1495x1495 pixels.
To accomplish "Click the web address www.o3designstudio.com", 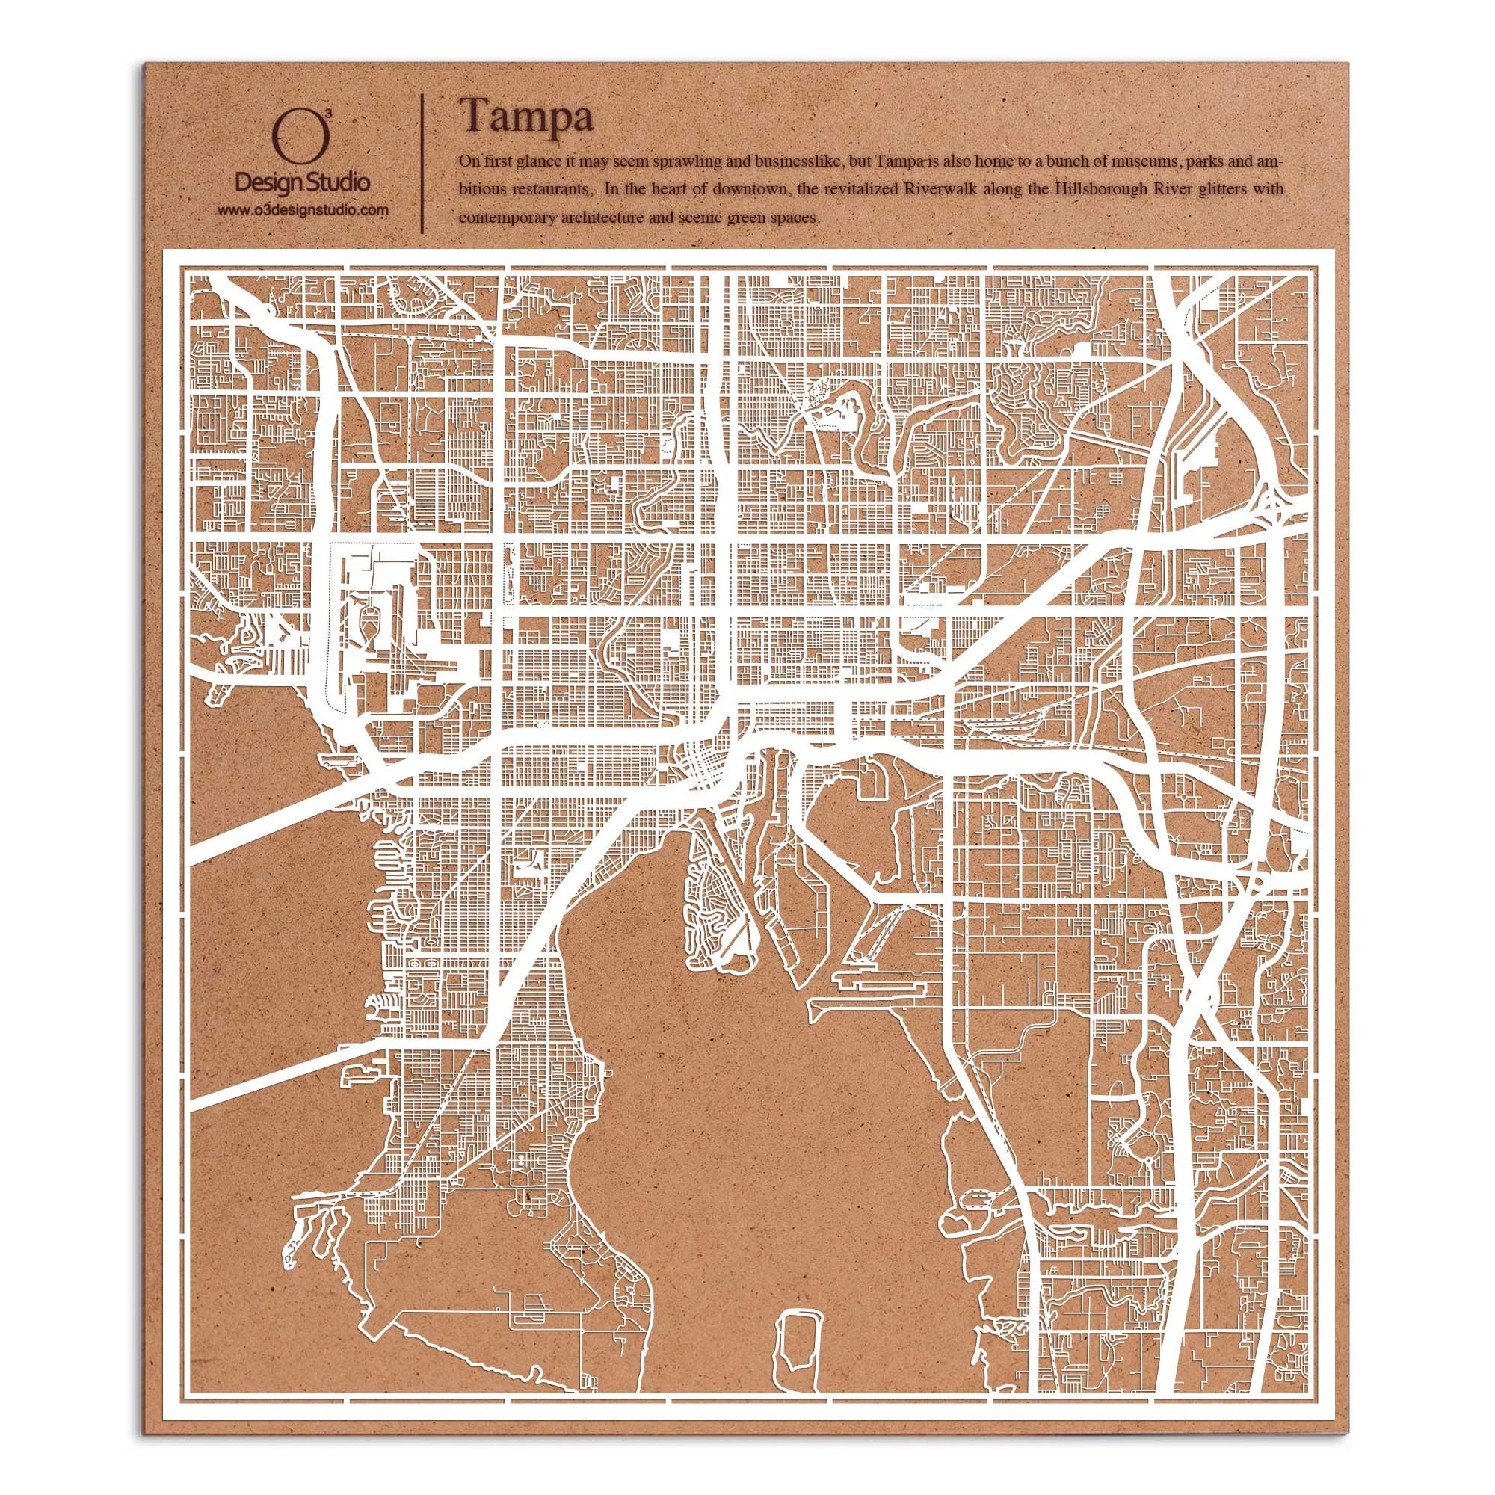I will click(302, 210).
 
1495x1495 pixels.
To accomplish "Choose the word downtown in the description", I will click(761, 189).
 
